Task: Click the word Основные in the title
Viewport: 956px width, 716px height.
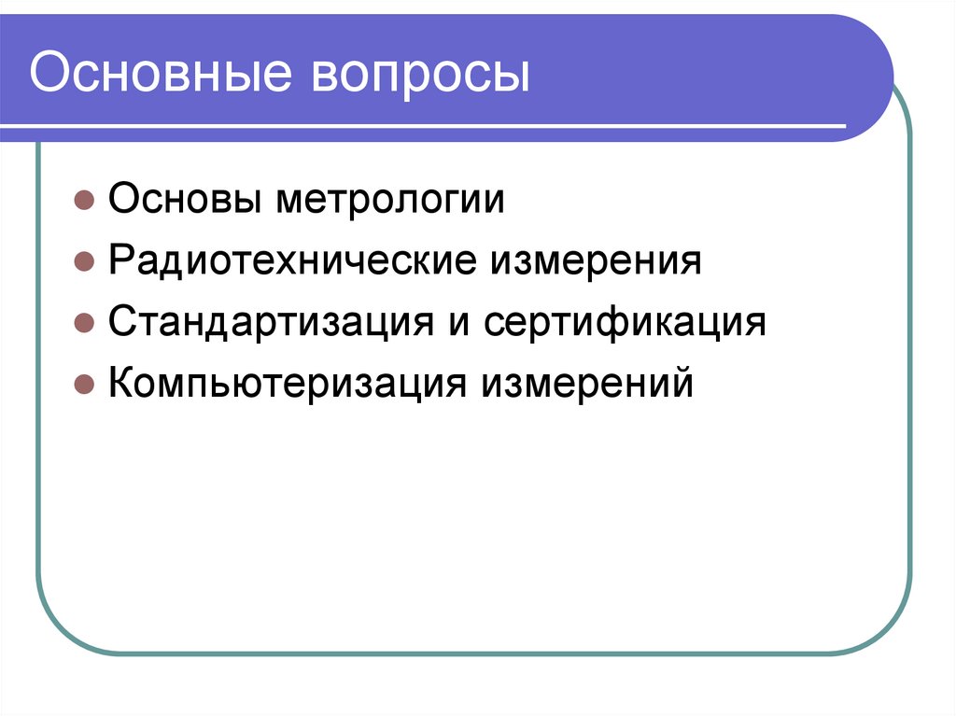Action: pyautogui.click(x=160, y=74)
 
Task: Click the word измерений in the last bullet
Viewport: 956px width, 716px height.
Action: pyautogui.click(x=588, y=384)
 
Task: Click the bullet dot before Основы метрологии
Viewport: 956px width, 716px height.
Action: pyautogui.click(x=83, y=202)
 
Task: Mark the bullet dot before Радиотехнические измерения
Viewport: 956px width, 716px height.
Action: pyautogui.click(x=83, y=263)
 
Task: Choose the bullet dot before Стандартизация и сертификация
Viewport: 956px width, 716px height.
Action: pyautogui.click(x=83, y=325)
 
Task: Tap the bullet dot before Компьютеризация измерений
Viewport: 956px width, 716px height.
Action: pyautogui.click(x=83, y=386)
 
